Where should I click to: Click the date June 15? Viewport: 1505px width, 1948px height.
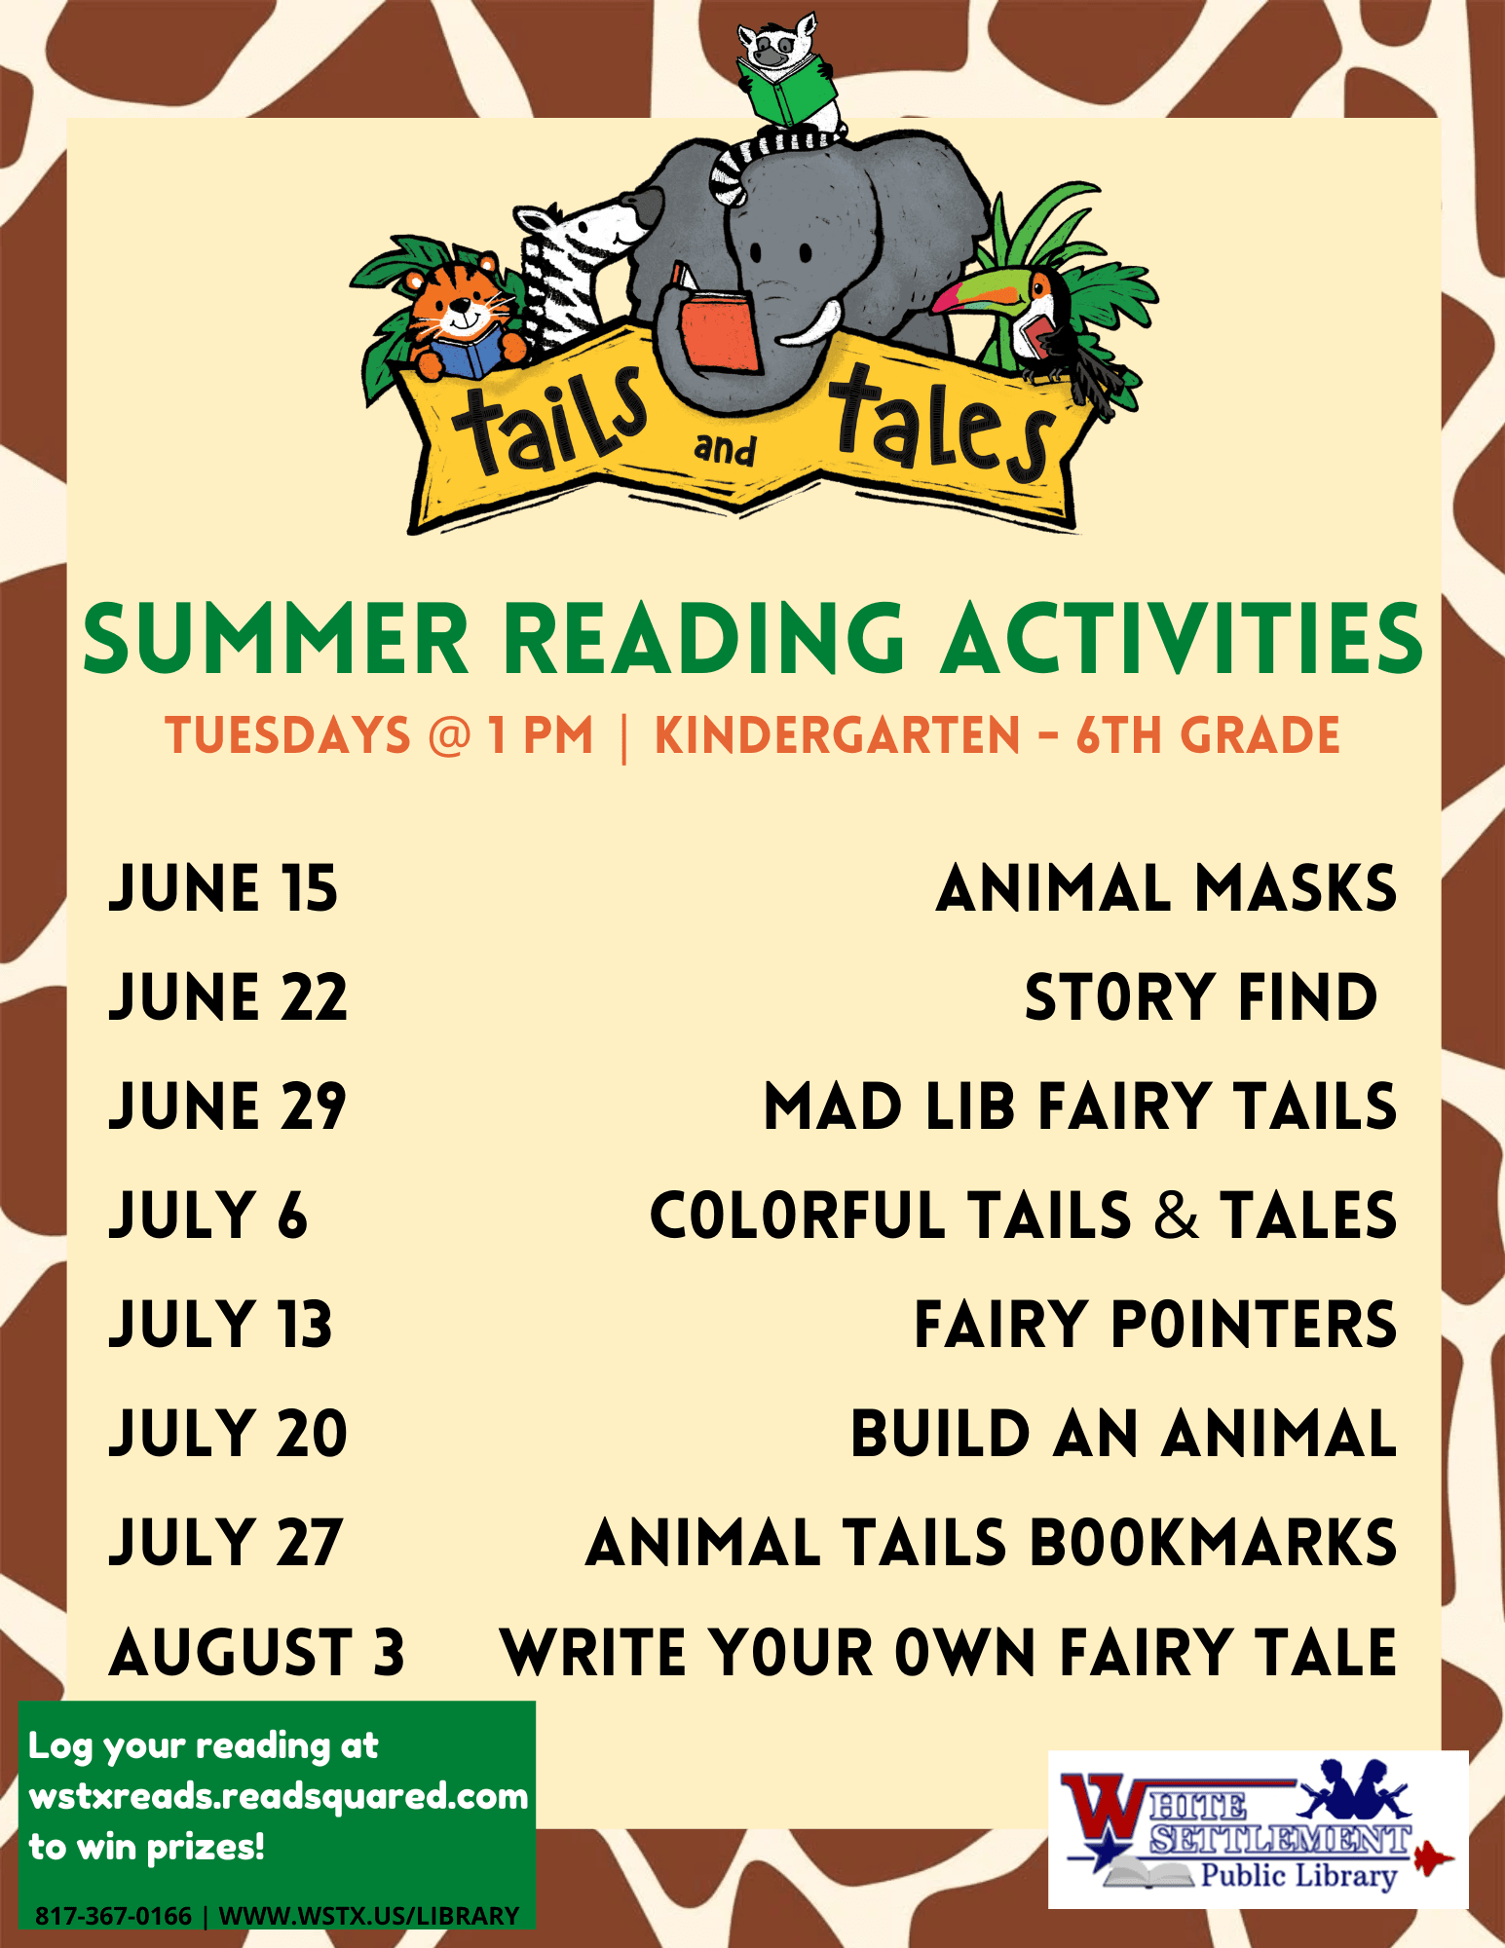coord(223,888)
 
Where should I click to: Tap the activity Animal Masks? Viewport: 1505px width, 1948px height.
coord(1166,888)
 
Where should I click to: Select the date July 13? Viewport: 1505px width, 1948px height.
coord(221,1325)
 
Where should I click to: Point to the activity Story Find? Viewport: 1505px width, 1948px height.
coord(1200,997)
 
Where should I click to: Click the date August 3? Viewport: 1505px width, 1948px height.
coord(256,1652)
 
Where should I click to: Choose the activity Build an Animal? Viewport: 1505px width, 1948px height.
coord(1123,1434)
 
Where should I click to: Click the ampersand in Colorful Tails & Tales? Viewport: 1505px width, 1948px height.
coord(1177,1216)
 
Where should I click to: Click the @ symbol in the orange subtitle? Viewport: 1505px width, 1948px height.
coord(449,735)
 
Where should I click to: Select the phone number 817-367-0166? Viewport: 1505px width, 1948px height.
coord(113,1916)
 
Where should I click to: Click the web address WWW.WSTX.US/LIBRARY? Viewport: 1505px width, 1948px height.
coord(369,1916)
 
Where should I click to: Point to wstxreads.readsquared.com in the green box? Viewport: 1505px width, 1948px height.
coord(279,1795)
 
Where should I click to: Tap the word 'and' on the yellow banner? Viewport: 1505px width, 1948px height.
coord(725,450)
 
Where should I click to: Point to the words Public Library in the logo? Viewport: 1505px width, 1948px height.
coord(1298,1875)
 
